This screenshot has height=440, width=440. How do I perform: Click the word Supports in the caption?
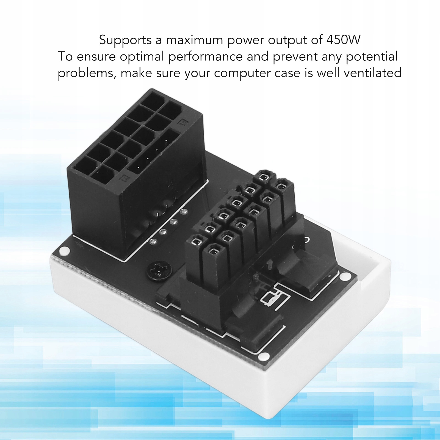(125, 40)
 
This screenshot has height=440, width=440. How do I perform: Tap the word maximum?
(194, 40)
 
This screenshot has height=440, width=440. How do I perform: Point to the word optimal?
(142, 57)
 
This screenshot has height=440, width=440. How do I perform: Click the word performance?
(205, 57)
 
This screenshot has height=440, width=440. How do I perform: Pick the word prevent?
(295, 57)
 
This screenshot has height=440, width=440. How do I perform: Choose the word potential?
(372, 57)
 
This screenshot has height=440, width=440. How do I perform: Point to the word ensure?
(96, 57)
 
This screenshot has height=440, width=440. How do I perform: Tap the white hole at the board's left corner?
(64, 251)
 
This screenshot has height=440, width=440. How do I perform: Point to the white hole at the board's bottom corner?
(264, 356)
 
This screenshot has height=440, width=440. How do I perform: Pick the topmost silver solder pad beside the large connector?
(184, 212)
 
